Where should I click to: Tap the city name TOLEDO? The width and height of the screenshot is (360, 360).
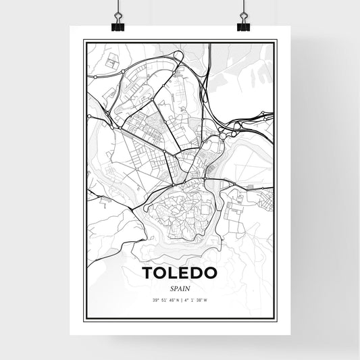pos(180,273)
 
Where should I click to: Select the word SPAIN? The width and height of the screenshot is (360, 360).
pos(180,288)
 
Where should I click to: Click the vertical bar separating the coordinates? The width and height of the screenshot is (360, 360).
pos(180,301)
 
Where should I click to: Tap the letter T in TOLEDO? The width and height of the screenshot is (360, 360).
pos(147,273)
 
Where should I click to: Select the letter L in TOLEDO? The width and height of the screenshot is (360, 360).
pos(173,273)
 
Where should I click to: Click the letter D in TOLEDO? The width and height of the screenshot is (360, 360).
pos(198,273)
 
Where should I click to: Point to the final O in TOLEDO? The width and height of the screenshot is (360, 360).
pos(212,273)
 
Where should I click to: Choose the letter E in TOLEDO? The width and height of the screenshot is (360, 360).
pos(185,273)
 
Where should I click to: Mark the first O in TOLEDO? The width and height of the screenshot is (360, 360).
pos(160,273)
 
